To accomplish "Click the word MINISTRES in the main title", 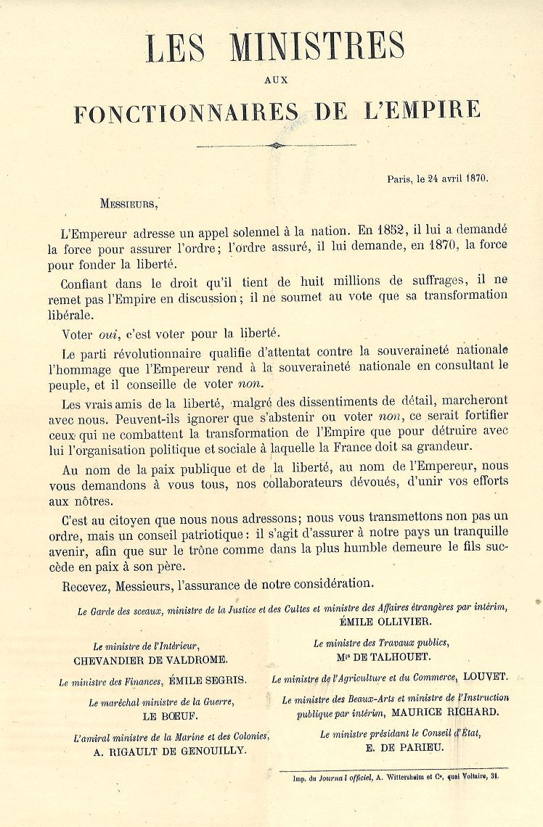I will click(317, 47).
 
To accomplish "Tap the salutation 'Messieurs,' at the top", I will click(128, 204).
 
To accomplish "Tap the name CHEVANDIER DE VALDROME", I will click(151, 660).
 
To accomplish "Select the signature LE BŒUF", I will click(160, 715).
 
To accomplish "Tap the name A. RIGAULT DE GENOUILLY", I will click(170, 752).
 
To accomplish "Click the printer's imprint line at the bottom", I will click(394, 776).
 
